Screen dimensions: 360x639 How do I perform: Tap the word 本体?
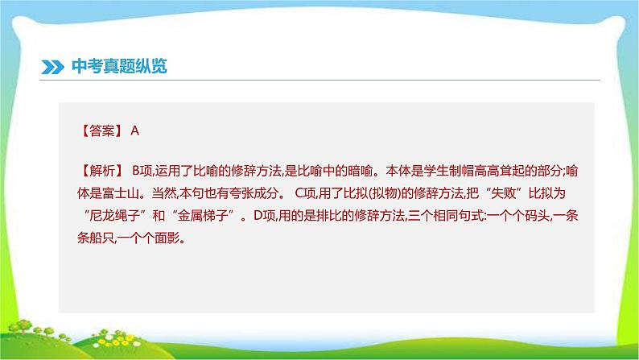398,171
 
